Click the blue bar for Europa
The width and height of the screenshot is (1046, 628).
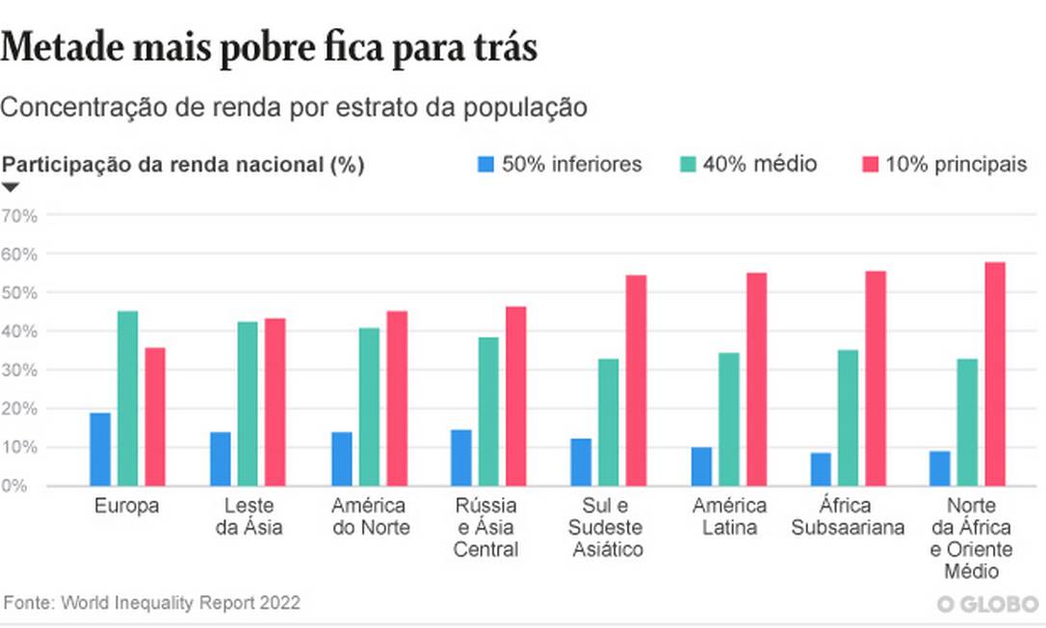100,449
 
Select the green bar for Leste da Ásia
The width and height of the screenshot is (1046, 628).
248,404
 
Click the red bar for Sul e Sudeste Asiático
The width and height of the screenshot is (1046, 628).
636,380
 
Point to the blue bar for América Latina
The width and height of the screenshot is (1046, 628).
701,466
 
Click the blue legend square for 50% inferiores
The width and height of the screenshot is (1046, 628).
485,165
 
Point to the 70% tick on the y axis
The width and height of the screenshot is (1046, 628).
19,215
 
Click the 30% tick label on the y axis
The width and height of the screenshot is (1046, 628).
19,370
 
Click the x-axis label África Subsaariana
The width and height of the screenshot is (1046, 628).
848,515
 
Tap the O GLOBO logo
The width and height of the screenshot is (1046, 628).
987,604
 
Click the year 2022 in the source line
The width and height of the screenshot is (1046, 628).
280,603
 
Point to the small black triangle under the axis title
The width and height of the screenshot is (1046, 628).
11,187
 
